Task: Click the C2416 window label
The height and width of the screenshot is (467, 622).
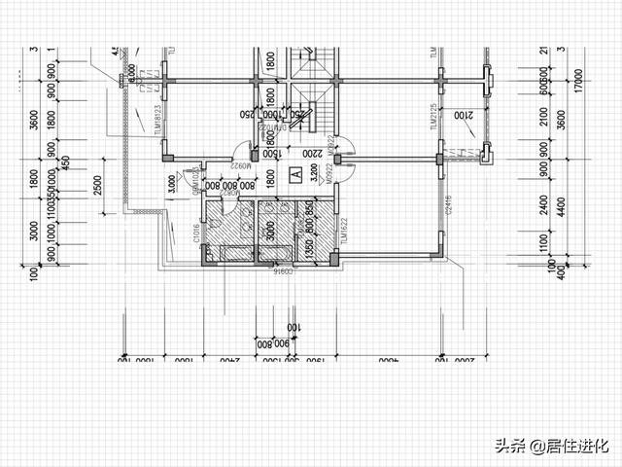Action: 449,204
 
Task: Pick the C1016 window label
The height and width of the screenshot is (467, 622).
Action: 196,232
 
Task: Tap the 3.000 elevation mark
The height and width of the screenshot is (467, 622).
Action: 171,181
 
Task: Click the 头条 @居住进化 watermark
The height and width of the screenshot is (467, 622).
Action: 550,447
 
